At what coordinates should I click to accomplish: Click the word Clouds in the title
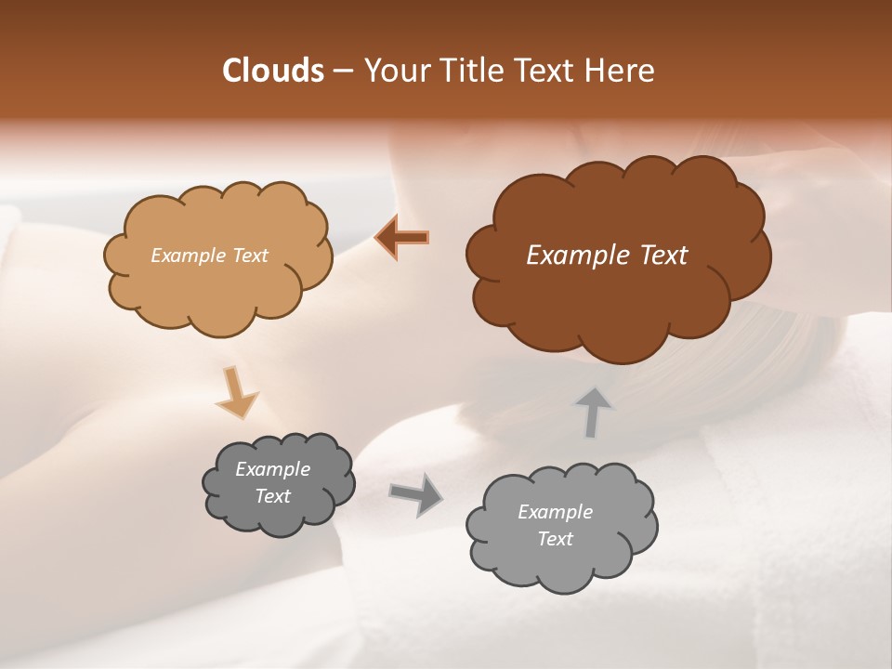tap(272, 71)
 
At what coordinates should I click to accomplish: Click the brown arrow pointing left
tap(402, 237)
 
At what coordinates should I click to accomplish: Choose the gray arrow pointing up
tap(593, 412)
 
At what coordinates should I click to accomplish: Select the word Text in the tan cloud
tap(249, 256)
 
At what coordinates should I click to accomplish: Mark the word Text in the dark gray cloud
tap(273, 496)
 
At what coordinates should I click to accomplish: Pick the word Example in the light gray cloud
tap(555, 512)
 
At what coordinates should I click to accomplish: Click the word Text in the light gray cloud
tap(556, 539)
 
